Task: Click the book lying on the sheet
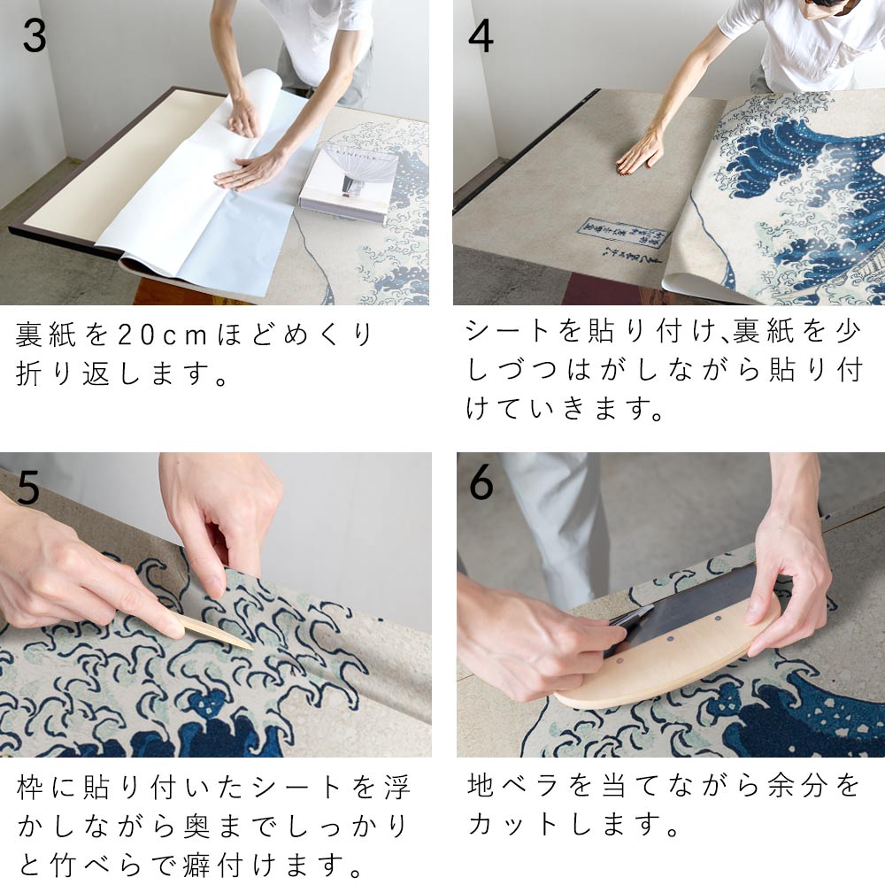tap(347, 181)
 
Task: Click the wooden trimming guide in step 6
tap(673, 659)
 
